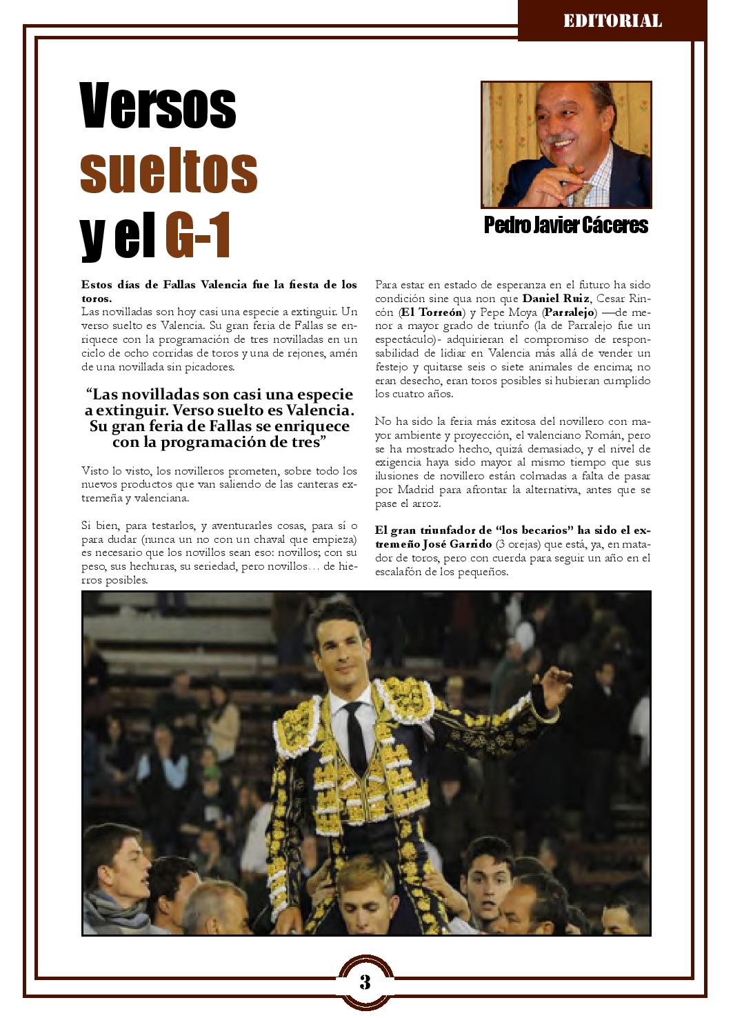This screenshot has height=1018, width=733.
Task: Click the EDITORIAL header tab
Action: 612,21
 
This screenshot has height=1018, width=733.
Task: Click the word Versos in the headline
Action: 159,106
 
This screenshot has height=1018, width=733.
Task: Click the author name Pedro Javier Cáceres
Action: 566,225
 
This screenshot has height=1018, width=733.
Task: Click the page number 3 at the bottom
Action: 365,981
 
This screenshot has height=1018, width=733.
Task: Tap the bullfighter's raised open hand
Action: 555,683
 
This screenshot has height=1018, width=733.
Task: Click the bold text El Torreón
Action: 432,312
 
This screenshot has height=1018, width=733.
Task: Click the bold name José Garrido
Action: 457,544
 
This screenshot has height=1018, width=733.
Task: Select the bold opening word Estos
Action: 97,284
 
